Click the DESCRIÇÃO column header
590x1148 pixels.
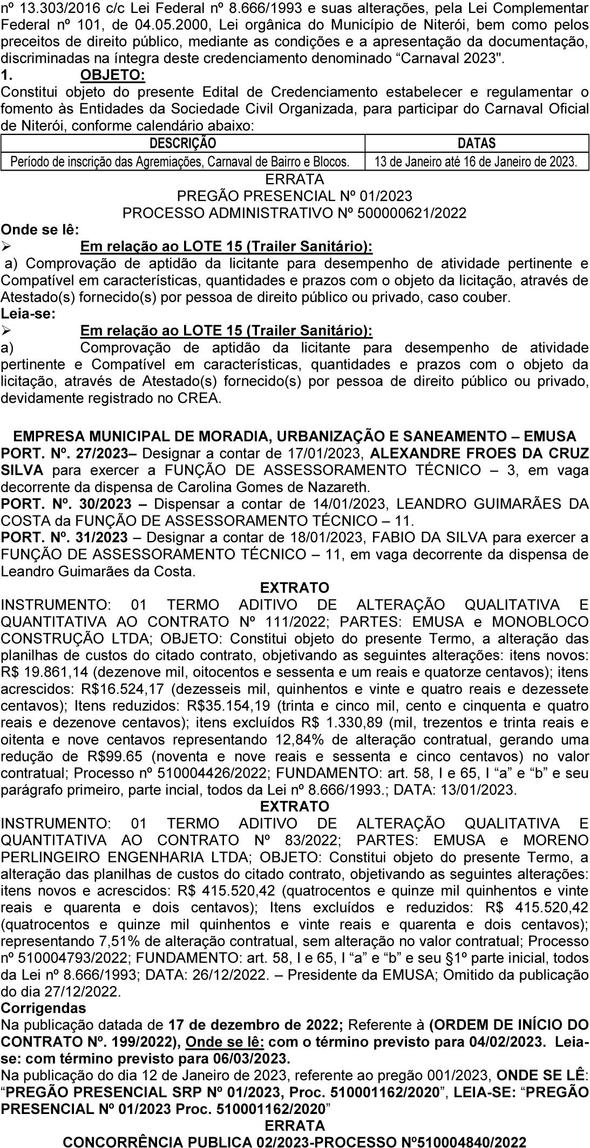(x=182, y=143)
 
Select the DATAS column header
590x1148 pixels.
(x=476, y=143)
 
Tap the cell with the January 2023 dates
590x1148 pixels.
(x=476, y=161)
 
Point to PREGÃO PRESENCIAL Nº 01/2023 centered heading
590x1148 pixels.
(x=294, y=195)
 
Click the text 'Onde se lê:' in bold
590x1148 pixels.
(x=40, y=229)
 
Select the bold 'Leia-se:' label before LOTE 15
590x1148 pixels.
(x=28, y=313)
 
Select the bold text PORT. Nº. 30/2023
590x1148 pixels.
(x=66, y=504)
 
